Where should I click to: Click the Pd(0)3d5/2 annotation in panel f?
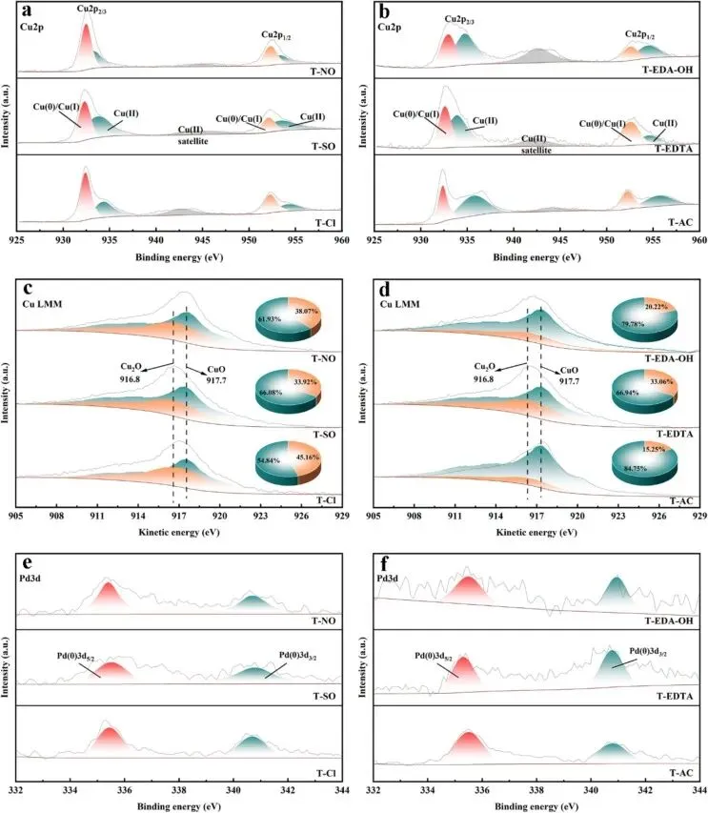point(436,656)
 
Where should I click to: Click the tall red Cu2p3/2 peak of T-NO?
point(87,43)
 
